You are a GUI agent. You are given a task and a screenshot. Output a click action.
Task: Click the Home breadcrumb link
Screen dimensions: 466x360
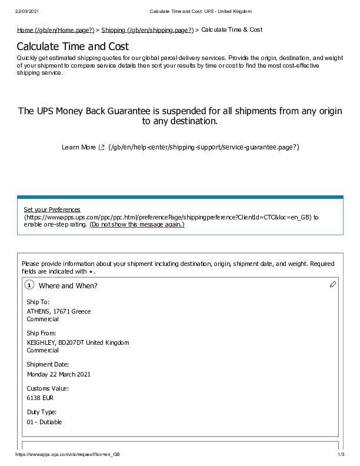(55, 29)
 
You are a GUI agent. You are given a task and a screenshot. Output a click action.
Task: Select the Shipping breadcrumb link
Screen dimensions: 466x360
(147, 29)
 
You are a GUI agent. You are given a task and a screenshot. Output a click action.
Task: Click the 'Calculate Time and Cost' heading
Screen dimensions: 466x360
(73, 46)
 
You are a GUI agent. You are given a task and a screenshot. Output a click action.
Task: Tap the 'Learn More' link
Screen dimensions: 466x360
(78, 147)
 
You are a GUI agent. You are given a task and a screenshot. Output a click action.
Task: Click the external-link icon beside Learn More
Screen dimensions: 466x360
(101, 147)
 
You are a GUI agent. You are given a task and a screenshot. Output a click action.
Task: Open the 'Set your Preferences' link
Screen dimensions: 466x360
(52, 209)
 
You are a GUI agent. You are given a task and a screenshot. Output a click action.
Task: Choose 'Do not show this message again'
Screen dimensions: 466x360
(136, 224)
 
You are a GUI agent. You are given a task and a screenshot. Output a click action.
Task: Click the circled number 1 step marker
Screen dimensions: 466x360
(29, 285)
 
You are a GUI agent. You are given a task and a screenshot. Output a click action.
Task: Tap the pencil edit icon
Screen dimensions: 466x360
(333, 284)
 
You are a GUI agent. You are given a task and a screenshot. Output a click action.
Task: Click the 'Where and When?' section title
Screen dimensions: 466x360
(68, 286)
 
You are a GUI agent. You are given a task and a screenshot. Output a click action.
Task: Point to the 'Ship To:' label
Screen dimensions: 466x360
(38, 302)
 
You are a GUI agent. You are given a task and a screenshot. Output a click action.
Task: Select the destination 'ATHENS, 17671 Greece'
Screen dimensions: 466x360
(59, 311)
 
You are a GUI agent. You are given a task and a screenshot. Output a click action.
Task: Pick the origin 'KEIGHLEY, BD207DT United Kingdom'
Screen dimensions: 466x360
(78, 342)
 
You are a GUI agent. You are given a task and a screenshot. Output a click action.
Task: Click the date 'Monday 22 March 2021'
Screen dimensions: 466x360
(59, 374)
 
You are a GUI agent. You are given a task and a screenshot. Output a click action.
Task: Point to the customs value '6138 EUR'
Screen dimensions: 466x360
(40, 398)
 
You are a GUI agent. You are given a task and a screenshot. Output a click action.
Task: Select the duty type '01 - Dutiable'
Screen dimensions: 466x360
(44, 422)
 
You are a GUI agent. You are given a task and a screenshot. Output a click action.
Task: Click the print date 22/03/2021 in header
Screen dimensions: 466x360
(26, 12)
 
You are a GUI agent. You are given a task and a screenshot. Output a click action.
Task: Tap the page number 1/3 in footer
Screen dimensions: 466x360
(341, 455)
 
